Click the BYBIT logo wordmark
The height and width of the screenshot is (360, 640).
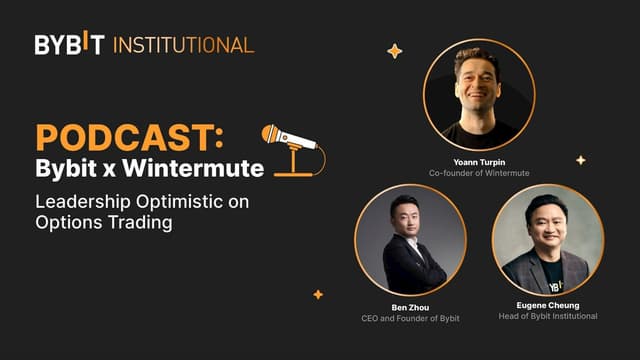point(69,44)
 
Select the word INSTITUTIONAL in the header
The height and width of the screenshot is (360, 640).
point(183,44)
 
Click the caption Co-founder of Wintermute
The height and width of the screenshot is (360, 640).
point(479,173)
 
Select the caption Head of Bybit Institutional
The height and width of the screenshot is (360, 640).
point(548,317)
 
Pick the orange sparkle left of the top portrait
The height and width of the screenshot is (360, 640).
point(394,51)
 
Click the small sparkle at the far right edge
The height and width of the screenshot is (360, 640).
point(580,160)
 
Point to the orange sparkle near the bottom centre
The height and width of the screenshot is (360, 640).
point(318,295)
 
